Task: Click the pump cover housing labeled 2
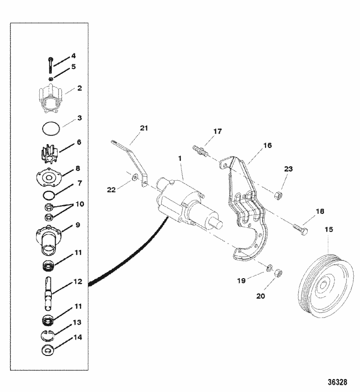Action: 50,98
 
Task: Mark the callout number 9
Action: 77,225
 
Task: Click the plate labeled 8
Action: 50,176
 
